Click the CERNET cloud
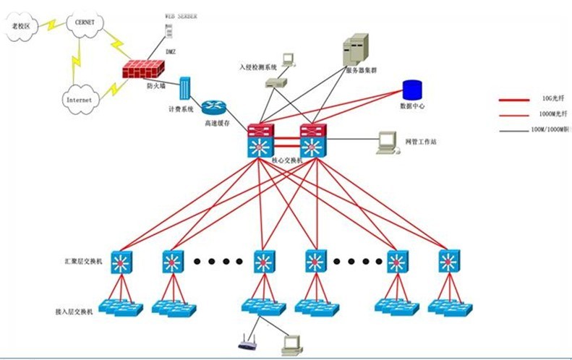(x=85, y=22)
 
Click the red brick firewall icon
(x=143, y=71)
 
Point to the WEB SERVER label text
(x=180, y=15)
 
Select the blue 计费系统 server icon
(x=184, y=90)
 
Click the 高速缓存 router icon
(x=214, y=107)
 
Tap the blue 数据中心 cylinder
(x=412, y=90)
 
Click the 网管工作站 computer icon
(x=388, y=142)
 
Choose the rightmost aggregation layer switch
(x=449, y=261)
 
